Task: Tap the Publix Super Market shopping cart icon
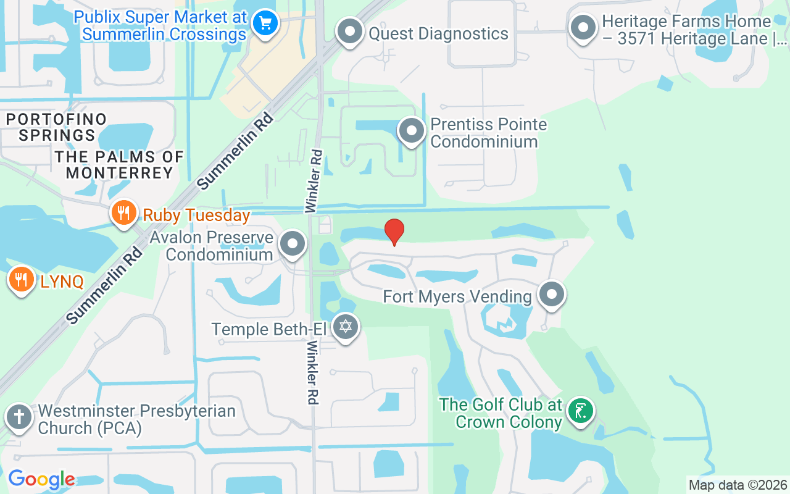coord(265,23)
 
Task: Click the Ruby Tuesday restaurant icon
coord(124,214)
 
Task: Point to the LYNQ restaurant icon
coord(22,280)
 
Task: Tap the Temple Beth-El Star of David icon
coord(346,327)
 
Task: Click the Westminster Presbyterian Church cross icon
coord(19,417)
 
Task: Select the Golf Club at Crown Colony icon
coord(581,411)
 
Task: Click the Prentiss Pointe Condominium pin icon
coord(412,131)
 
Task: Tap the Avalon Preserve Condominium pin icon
coord(293,244)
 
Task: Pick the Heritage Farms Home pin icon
coord(583,28)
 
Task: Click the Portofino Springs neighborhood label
coord(57,127)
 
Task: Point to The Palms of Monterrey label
coord(119,165)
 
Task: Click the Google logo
coord(41,479)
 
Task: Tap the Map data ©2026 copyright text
coord(738,485)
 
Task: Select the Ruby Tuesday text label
coord(196,216)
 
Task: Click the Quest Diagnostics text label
coord(438,33)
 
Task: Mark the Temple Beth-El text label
coord(270,329)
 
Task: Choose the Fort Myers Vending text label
coord(457,296)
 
